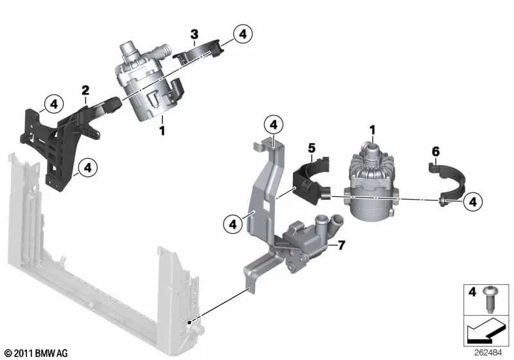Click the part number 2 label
click(x=85, y=90)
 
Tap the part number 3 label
click(x=193, y=33)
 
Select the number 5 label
click(x=311, y=148)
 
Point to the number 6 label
click(x=435, y=152)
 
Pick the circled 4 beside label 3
click(x=243, y=33)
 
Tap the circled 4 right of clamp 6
click(x=472, y=202)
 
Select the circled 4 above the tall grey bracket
click(x=273, y=123)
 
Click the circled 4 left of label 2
click(x=53, y=103)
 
